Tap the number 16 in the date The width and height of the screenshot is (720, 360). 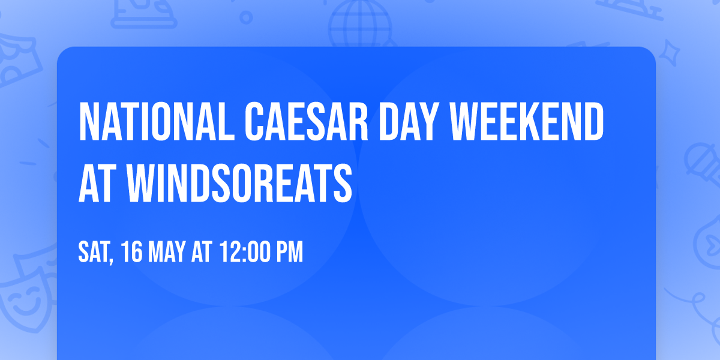click(x=132, y=253)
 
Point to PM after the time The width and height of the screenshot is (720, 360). click(x=290, y=253)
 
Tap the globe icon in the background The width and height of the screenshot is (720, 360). click(x=359, y=24)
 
